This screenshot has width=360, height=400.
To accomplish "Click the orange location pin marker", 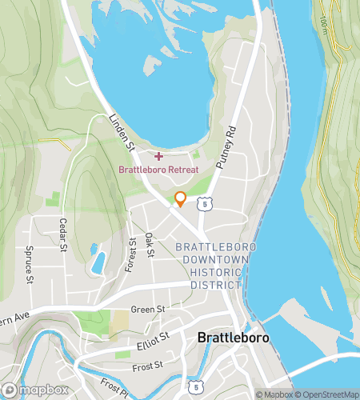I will coord(180,199).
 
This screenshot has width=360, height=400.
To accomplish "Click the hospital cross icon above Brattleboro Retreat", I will coord(158,155).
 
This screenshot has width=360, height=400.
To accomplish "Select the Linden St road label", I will coord(121,132).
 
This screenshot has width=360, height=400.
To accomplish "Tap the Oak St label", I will coord(150,245).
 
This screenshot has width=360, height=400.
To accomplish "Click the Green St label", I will coord(147,309).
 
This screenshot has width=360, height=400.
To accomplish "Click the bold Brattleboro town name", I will coord(233,338).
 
